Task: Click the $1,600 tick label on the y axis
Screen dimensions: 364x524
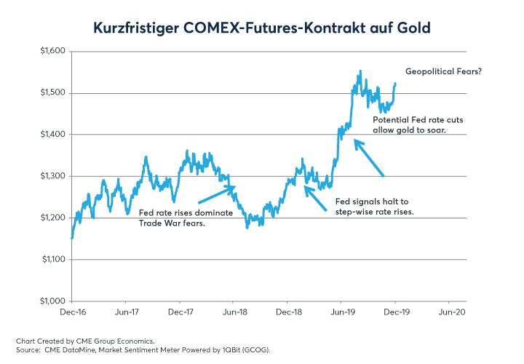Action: click(x=52, y=52)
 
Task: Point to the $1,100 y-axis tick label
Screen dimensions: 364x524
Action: click(x=52, y=260)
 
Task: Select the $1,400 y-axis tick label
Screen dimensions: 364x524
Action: click(x=52, y=135)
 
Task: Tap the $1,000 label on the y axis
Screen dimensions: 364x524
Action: click(x=52, y=301)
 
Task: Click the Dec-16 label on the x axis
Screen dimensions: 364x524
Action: click(x=71, y=312)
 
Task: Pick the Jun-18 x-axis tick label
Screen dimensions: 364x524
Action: click(x=233, y=312)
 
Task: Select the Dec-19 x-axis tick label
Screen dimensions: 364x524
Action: click(x=394, y=312)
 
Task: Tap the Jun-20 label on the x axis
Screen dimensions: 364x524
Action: click(x=448, y=312)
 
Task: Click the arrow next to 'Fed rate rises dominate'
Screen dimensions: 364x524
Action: click(x=217, y=194)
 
